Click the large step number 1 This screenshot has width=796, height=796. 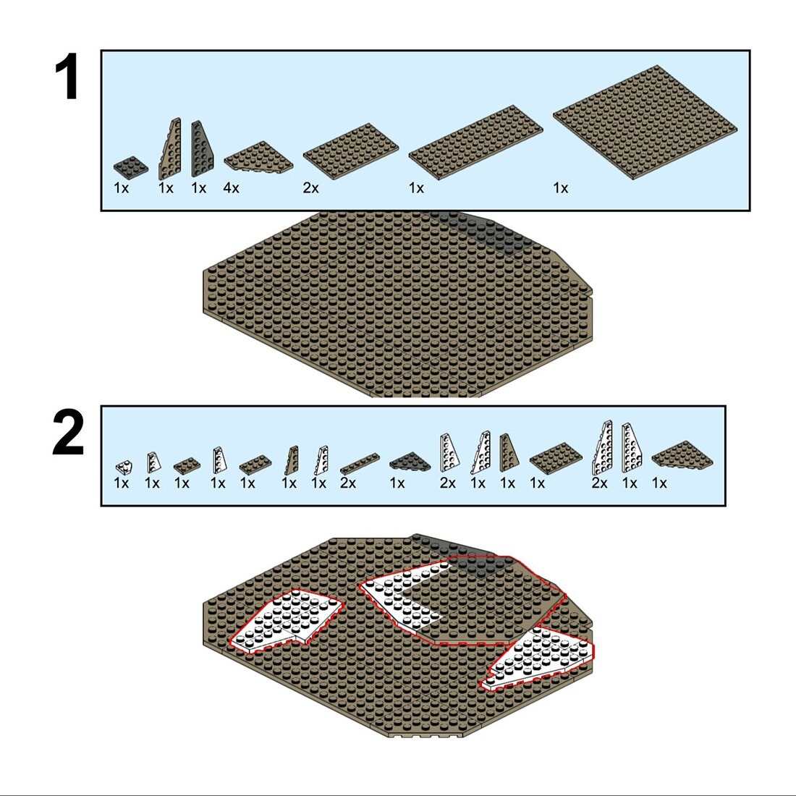(x=67, y=77)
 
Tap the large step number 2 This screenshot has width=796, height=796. (x=68, y=433)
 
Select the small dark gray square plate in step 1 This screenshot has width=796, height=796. (x=130, y=167)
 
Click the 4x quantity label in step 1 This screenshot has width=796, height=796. (x=231, y=188)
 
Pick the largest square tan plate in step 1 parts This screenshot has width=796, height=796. (x=645, y=122)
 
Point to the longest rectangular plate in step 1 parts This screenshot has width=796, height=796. (x=475, y=142)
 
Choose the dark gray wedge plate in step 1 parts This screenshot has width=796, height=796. (x=202, y=149)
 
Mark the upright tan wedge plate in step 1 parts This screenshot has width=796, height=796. (x=171, y=149)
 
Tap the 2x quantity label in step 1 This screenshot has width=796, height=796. (x=310, y=188)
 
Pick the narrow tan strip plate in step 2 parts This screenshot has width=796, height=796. (x=360, y=463)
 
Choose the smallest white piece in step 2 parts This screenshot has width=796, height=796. (x=123, y=467)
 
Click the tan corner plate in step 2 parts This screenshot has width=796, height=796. (x=682, y=454)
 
